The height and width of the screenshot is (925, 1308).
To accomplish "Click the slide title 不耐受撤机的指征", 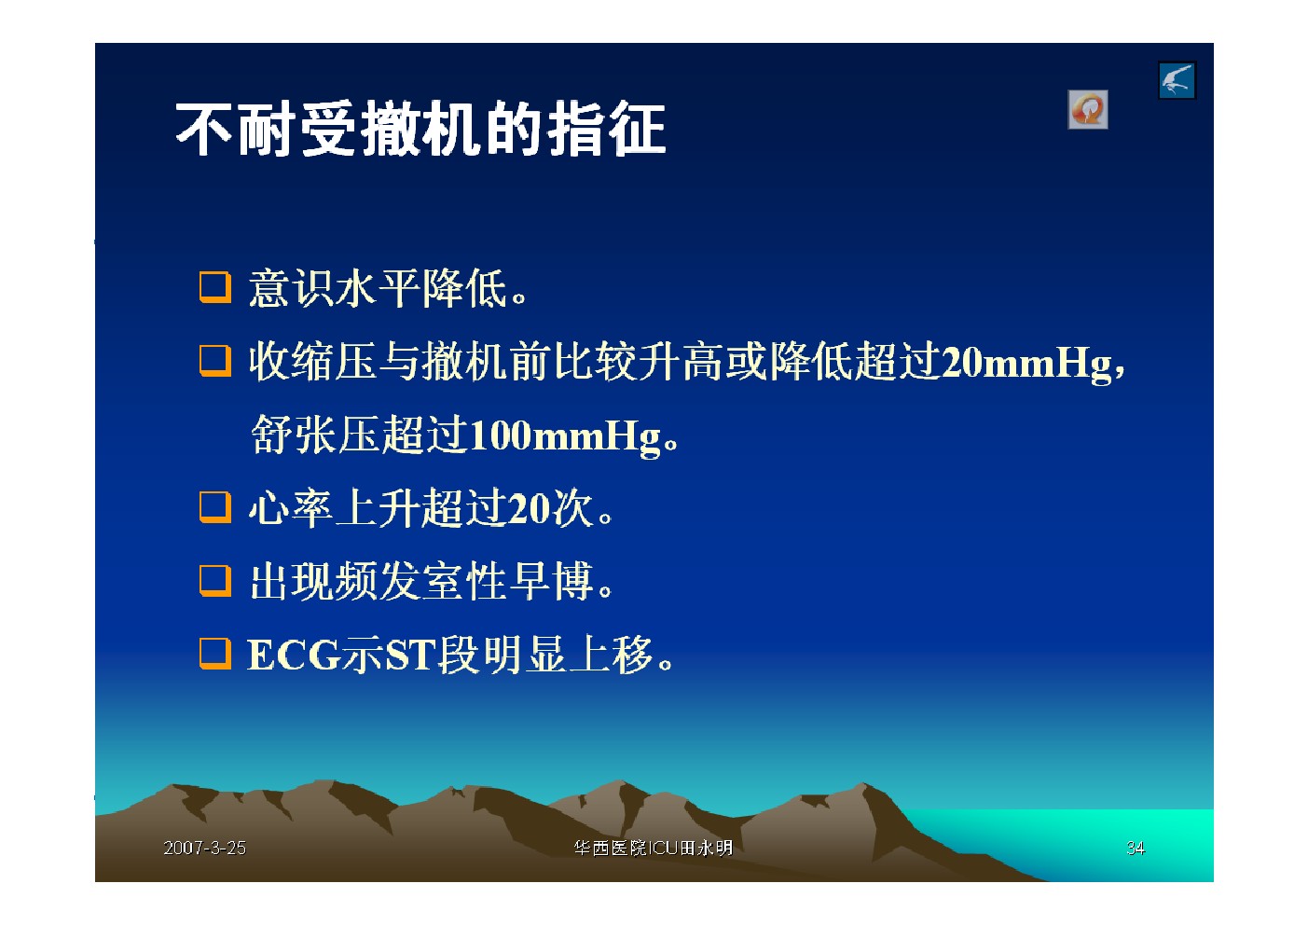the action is pyautogui.click(x=420, y=129).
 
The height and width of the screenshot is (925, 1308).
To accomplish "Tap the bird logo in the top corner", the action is pyautogui.click(x=1177, y=80).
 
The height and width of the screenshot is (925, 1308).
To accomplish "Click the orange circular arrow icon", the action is pyautogui.click(x=1088, y=109).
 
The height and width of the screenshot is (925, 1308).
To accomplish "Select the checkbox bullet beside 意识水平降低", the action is pyautogui.click(x=214, y=287).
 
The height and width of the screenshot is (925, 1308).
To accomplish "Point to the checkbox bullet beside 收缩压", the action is pyautogui.click(x=214, y=361).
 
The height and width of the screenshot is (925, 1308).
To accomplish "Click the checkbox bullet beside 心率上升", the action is pyautogui.click(x=214, y=507).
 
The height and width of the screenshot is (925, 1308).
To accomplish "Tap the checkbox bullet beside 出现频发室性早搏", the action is pyautogui.click(x=214, y=581).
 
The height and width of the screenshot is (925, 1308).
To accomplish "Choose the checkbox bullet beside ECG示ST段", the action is pyautogui.click(x=214, y=654).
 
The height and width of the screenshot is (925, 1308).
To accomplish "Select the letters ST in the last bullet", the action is pyautogui.click(x=410, y=655).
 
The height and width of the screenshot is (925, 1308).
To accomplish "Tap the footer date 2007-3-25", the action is pyautogui.click(x=204, y=848).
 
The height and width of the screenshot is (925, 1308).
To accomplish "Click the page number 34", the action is pyautogui.click(x=1136, y=848).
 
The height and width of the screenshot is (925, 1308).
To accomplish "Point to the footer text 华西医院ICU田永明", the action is pyautogui.click(x=653, y=848).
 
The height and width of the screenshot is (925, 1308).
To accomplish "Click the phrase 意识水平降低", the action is pyautogui.click(x=378, y=288).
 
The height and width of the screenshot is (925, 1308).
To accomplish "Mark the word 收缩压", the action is pyautogui.click(x=312, y=362).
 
